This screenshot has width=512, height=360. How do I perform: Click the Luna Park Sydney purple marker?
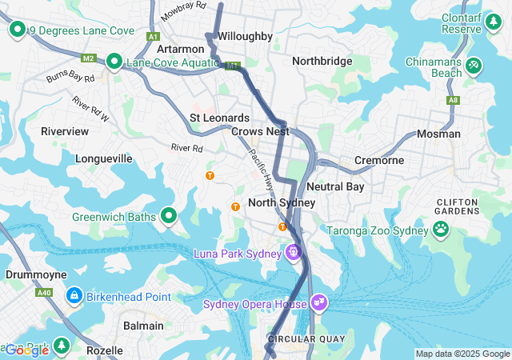pyautogui.click(x=294, y=254)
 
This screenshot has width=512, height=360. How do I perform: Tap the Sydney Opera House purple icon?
pyautogui.click(x=318, y=302)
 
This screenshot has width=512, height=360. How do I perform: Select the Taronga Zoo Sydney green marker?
pyautogui.click(x=441, y=230)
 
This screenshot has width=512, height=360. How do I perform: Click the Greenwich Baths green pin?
pyautogui.click(x=169, y=216)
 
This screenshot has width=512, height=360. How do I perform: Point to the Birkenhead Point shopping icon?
pyautogui.click(x=74, y=297)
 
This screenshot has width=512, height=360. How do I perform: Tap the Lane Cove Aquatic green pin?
pyautogui.click(x=114, y=61)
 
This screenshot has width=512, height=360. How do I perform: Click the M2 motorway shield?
pyautogui.click(x=89, y=58)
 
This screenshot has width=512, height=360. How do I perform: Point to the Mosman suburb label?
pyautogui.click(x=438, y=134)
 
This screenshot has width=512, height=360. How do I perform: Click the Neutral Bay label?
pyautogui.click(x=334, y=186)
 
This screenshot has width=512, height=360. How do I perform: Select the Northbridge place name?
pyautogui.click(x=322, y=61)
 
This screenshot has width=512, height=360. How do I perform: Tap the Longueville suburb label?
pyautogui.click(x=103, y=158)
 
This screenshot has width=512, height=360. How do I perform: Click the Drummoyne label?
pyautogui.click(x=30, y=274)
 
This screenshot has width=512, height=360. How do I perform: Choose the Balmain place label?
pyautogui.click(x=143, y=326)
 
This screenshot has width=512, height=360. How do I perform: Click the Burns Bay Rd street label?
pyautogui.click(x=70, y=78)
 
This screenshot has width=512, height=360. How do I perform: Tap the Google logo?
pyautogui.click(x=26, y=350)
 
